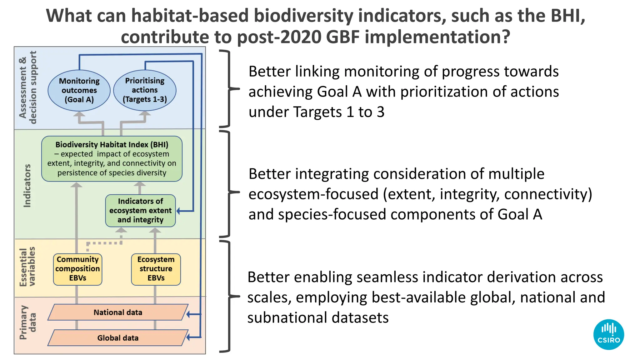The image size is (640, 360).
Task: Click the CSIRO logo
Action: pos(608,334)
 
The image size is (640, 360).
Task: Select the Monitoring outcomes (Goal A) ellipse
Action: pos(79,90)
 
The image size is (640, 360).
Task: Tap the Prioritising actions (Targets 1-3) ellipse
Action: pos(145,90)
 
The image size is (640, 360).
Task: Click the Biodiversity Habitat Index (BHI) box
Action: pos(112,159)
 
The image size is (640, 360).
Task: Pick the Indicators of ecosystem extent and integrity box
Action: pos(140,211)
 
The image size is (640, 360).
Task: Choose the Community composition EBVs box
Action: pos(77,269)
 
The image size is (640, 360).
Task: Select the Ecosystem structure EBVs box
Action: pos(156,269)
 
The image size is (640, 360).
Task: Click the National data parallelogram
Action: pos(118,312)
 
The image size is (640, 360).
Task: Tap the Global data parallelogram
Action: pos(118,338)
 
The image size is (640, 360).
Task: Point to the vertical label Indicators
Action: pos(27,186)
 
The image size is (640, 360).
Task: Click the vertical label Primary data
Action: pos(27,322)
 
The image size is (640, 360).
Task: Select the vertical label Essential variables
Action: pos(27,267)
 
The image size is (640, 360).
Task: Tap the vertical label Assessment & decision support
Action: pos(27,87)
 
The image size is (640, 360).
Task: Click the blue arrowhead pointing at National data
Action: pos(188,314)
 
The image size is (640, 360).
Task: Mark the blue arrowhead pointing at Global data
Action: pos(188,337)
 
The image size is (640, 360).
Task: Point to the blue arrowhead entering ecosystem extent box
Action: pos(179,211)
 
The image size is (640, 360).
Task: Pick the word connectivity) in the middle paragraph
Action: pos(548,194)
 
